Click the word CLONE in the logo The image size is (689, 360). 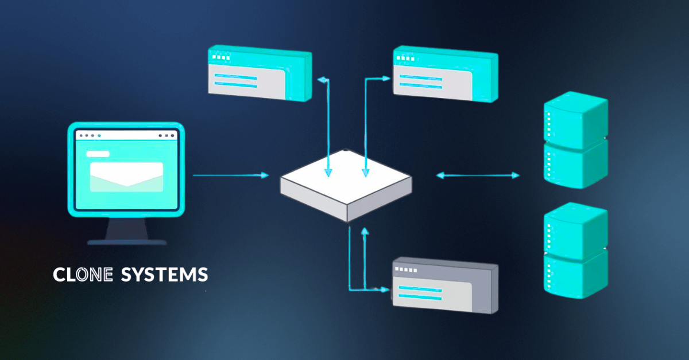(83, 275)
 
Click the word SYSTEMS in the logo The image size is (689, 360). (165, 275)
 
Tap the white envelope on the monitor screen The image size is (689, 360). (126, 177)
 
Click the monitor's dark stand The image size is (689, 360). (127, 231)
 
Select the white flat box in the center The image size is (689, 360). (346, 185)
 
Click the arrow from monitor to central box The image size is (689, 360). (231, 175)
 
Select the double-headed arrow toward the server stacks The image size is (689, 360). (478, 175)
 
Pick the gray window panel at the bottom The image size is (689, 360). (446, 285)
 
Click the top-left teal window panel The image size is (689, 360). (260, 73)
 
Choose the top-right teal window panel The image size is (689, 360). (446, 74)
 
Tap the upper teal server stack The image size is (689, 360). (576, 140)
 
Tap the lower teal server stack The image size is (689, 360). (576, 251)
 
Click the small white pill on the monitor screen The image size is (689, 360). (98, 154)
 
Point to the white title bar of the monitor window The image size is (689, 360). (126, 135)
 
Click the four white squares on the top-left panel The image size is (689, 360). (221, 57)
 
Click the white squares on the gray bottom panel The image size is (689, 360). (406, 269)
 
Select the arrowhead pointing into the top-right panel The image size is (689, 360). (386, 79)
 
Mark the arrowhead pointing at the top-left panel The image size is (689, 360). (322, 80)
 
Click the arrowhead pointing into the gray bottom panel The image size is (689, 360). (385, 289)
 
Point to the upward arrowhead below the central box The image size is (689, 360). (365, 231)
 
